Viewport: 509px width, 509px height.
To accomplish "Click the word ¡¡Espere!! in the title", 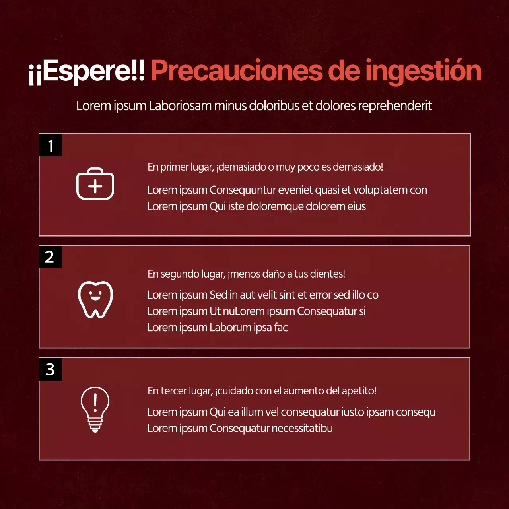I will pos(87,72).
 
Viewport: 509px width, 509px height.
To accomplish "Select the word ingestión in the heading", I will pos(423,72).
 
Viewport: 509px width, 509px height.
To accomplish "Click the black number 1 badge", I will pos(51,146).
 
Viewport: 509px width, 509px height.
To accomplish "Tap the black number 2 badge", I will pos(50,257).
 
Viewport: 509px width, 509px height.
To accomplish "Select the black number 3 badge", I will pos(50,369).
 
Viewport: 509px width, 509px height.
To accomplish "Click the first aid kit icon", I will pos(95,184).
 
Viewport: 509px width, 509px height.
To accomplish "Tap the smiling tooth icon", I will pos(95,299).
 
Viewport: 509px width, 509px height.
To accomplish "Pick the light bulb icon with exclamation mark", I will pos(95,409).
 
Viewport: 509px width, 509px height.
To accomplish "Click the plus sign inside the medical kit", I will pos(95,187).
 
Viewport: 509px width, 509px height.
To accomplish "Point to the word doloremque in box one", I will pos(278,206).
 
